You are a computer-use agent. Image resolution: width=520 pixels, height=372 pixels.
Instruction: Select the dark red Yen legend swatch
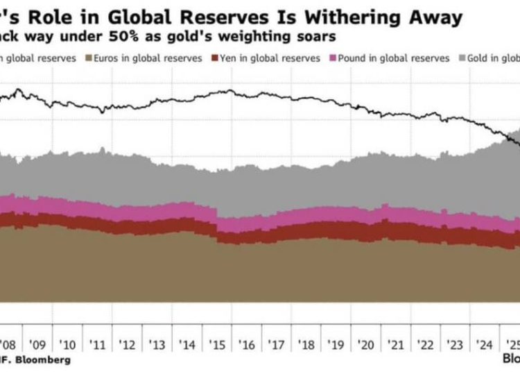(x=216, y=58)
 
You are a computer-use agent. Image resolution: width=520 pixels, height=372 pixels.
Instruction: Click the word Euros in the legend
(x=111, y=58)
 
